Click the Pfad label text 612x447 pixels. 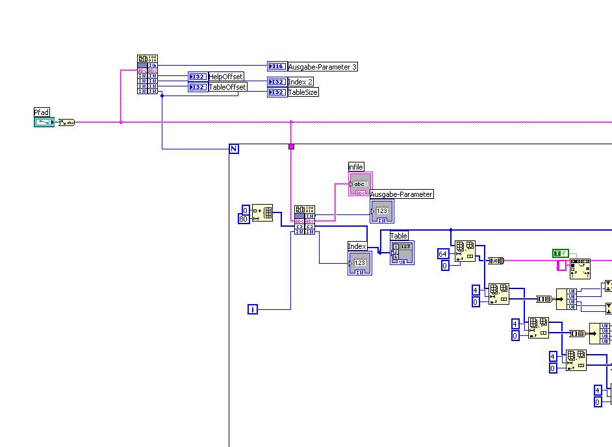click(x=42, y=112)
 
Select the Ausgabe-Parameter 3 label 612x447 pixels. click(x=322, y=67)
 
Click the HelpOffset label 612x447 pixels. click(x=226, y=77)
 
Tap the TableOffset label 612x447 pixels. click(x=227, y=87)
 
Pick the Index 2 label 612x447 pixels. click(x=300, y=82)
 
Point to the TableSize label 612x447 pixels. click(x=303, y=92)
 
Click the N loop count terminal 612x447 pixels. click(x=234, y=149)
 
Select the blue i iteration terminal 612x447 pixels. click(x=253, y=309)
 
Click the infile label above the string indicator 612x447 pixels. click(x=356, y=167)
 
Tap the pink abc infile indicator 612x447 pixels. click(x=361, y=184)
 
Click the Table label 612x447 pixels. click(x=399, y=236)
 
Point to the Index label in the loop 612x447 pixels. click(x=357, y=246)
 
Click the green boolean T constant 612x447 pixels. click(x=560, y=253)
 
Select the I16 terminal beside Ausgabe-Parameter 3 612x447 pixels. click(x=277, y=66)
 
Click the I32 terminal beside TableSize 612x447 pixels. click(x=277, y=92)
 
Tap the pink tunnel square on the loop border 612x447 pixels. click(x=291, y=147)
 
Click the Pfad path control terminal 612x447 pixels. click(x=45, y=122)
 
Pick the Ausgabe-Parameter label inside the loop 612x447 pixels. click(x=401, y=194)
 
